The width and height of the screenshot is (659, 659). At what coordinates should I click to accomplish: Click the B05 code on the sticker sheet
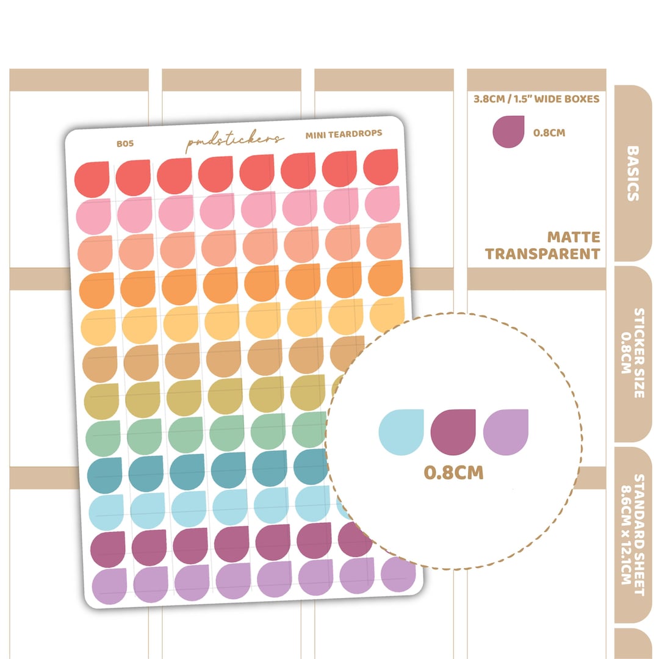[x=125, y=144]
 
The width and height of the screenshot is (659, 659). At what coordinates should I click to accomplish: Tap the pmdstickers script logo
[x=234, y=140]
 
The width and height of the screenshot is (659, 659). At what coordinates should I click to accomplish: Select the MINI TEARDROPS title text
[x=344, y=134]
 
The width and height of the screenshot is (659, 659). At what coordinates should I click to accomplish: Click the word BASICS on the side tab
[x=633, y=173]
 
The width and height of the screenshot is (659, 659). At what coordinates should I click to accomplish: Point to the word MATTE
[x=573, y=237]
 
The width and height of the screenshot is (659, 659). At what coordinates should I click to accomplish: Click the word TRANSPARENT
[x=542, y=254]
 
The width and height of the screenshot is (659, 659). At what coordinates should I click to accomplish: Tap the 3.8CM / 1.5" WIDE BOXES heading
[x=536, y=99]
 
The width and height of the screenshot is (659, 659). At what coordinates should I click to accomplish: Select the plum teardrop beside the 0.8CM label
[x=508, y=132]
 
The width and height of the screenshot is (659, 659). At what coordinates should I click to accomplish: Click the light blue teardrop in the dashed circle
[x=401, y=432]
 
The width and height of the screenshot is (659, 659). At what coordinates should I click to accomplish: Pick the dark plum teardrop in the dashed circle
[x=453, y=432]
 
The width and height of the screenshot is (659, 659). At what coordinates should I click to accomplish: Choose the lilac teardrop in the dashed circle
[x=506, y=432]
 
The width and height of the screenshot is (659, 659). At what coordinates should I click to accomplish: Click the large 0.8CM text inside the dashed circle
[x=453, y=472]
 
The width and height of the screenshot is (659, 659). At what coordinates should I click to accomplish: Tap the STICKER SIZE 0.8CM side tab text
[x=633, y=353]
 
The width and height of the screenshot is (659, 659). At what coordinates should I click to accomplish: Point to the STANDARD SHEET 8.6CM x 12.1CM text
[x=633, y=535]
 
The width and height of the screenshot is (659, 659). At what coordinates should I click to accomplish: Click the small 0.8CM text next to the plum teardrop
[x=549, y=133]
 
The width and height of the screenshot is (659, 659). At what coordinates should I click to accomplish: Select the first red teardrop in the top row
[x=92, y=179]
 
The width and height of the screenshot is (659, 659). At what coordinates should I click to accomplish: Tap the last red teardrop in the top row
[x=381, y=167]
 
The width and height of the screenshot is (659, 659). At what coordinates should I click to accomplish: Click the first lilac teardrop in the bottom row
[x=109, y=586]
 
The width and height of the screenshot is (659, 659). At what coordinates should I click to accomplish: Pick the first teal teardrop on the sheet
[x=105, y=475]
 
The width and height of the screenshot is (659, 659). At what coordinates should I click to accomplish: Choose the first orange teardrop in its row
[x=96, y=290]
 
